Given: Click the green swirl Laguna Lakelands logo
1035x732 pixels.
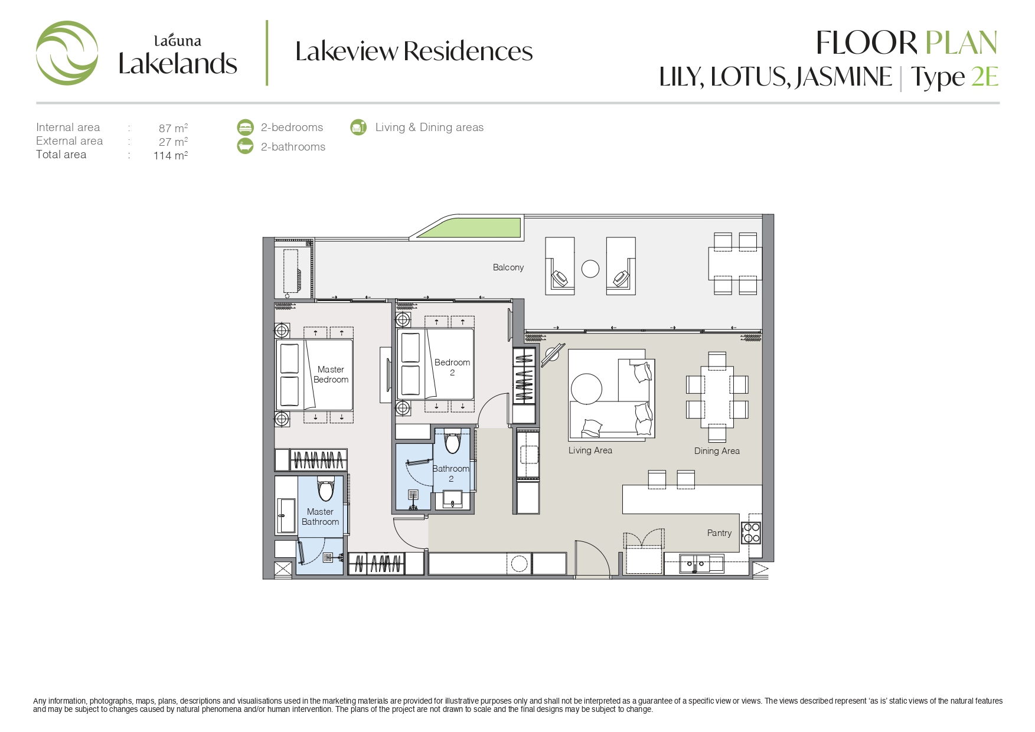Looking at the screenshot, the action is click(67, 53).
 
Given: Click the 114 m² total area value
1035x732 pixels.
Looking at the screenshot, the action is click(171, 155).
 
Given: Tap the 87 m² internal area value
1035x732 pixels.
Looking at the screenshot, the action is click(173, 128).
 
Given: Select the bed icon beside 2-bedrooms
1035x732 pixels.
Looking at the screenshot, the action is click(245, 127).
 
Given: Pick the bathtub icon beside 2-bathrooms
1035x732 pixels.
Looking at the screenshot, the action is click(245, 146).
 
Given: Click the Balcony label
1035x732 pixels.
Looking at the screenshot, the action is click(508, 267).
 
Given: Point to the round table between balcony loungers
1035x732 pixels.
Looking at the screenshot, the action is click(590, 269).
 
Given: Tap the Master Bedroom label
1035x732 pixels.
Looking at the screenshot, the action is click(331, 374).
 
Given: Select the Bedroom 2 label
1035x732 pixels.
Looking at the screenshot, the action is click(452, 367).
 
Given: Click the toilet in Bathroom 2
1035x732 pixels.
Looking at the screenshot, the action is click(452, 441).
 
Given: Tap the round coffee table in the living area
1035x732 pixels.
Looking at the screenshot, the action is click(586, 389).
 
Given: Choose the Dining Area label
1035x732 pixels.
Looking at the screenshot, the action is click(717, 451).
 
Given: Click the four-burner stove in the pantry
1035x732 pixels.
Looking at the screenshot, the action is click(752, 533).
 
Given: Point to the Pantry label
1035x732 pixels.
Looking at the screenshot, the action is click(719, 533).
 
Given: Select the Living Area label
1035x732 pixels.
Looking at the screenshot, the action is click(590, 450).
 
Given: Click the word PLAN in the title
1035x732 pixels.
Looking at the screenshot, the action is click(961, 43).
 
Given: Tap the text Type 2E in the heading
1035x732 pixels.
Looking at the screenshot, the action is click(954, 77).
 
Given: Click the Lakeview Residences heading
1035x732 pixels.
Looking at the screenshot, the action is click(414, 51).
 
